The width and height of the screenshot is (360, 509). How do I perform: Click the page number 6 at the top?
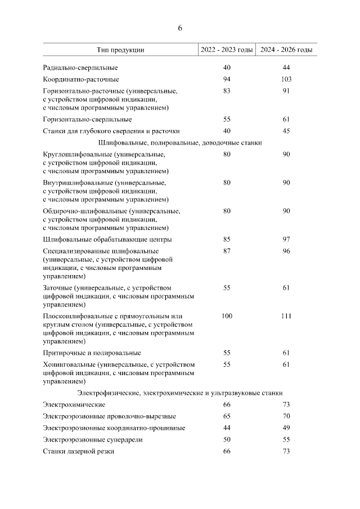tap(180, 28)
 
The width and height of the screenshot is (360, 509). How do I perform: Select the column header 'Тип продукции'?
tap(120, 50)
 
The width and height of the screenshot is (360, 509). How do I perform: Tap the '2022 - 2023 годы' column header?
tap(227, 50)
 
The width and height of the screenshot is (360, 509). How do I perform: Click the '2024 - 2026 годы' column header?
tap(286, 50)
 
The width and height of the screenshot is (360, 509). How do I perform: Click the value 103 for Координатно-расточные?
tap(286, 79)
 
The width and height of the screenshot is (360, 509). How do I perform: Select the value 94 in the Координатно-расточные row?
tap(227, 79)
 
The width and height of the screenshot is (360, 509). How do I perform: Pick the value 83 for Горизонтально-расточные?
tap(227, 91)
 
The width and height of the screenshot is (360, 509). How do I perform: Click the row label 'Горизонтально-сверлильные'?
tap(87, 119)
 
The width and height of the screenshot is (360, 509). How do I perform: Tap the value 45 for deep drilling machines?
tap(286, 131)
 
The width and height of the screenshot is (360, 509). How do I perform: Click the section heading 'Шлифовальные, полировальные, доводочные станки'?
tap(180, 143)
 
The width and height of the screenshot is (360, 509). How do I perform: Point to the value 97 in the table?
tap(286, 240)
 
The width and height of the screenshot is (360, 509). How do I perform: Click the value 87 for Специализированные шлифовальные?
tap(227, 251)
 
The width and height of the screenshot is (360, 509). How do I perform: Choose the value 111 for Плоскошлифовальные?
tap(286, 316)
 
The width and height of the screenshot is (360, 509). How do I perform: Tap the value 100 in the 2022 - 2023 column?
tap(227, 316)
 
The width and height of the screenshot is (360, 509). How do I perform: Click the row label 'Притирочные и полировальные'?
tap(92, 353)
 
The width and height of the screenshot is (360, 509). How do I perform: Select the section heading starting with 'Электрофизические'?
tap(180, 393)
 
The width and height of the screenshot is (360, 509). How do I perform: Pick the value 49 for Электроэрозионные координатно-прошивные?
tap(286, 428)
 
